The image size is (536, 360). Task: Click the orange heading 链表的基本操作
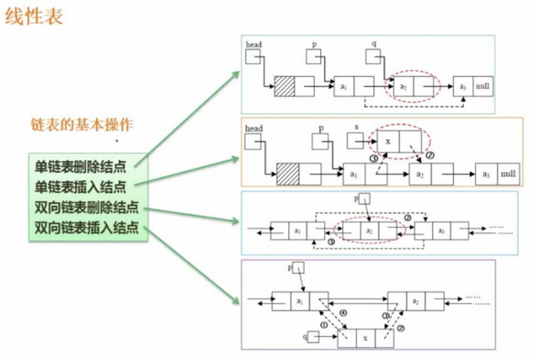82,125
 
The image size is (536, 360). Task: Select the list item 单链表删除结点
80,167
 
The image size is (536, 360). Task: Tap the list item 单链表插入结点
80,187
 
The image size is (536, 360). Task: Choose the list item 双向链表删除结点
86,207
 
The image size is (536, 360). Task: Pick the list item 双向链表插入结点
86,228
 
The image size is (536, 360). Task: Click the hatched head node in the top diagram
284,86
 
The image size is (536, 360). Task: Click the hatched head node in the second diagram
287,174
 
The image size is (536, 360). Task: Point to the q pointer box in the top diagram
373,57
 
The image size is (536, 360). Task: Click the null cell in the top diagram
483,86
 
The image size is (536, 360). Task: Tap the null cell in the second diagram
508,174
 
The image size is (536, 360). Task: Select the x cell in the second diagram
388,141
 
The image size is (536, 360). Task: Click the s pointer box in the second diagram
355,141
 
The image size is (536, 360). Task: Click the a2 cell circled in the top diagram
403,86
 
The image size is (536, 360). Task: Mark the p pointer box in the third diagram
364,199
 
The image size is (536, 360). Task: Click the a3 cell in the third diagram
441,231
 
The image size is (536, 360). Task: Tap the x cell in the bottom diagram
365,338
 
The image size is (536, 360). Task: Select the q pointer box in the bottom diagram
313,337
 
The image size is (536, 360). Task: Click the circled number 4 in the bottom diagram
343,313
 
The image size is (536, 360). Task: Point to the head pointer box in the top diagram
253,57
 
